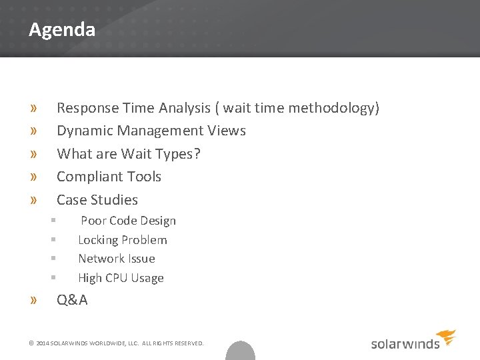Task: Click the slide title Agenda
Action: tap(62, 30)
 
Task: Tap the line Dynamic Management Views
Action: tap(151, 131)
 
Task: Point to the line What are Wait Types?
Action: tap(129, 154)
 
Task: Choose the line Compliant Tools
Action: tap(109, 177)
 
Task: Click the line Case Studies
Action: tap(97, 200)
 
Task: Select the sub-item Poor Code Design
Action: tap(128, 221)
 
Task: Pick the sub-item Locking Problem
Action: tap(123, 240)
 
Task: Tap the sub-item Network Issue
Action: tap(117, 259)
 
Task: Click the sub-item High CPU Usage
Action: tap(121, 278)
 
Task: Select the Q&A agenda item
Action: tap(72, 300)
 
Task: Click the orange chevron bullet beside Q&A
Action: tap(33, 300)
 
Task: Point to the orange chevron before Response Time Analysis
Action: tap(33, 108)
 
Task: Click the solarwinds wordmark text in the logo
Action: tap(405, 344)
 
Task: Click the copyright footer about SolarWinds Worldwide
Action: tap(116, 343)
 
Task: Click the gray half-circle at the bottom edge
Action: tap(240, 351)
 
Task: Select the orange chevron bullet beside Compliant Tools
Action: tap(33, 177)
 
